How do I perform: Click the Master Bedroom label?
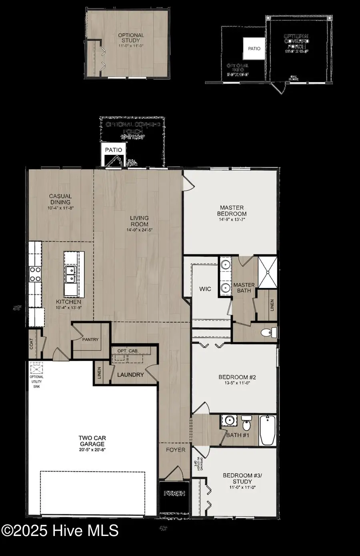click(232, 211)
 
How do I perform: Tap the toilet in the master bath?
click(269, 332)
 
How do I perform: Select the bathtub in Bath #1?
click(268, 430)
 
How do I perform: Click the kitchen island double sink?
click(70, 275)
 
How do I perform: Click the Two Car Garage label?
click(92, 441)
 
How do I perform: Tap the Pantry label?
click(90, 340)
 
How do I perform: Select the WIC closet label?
click(205, 289)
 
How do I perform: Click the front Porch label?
click(175, 494)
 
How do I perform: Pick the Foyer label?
click(176, 450)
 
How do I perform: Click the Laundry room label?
click(130, 375)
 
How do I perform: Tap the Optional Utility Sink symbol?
click(36, 367)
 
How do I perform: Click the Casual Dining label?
click(60, 199)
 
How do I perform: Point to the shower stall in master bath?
click(267, 272)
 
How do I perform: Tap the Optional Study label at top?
click(131, 38)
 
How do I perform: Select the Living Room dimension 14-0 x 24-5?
click(139, 230)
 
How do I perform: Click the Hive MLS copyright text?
click(60, 531)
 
